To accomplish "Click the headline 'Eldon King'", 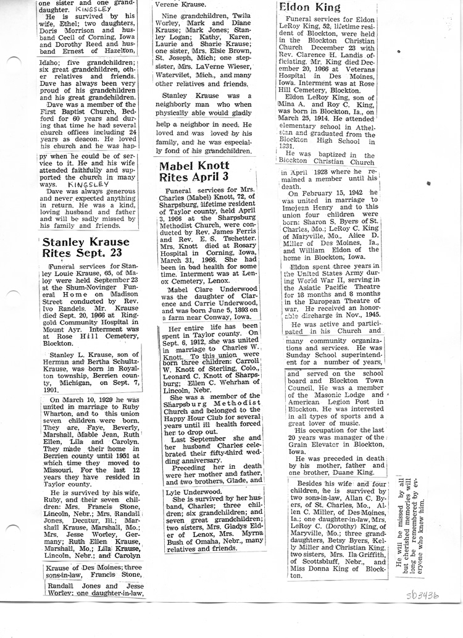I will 309,8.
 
